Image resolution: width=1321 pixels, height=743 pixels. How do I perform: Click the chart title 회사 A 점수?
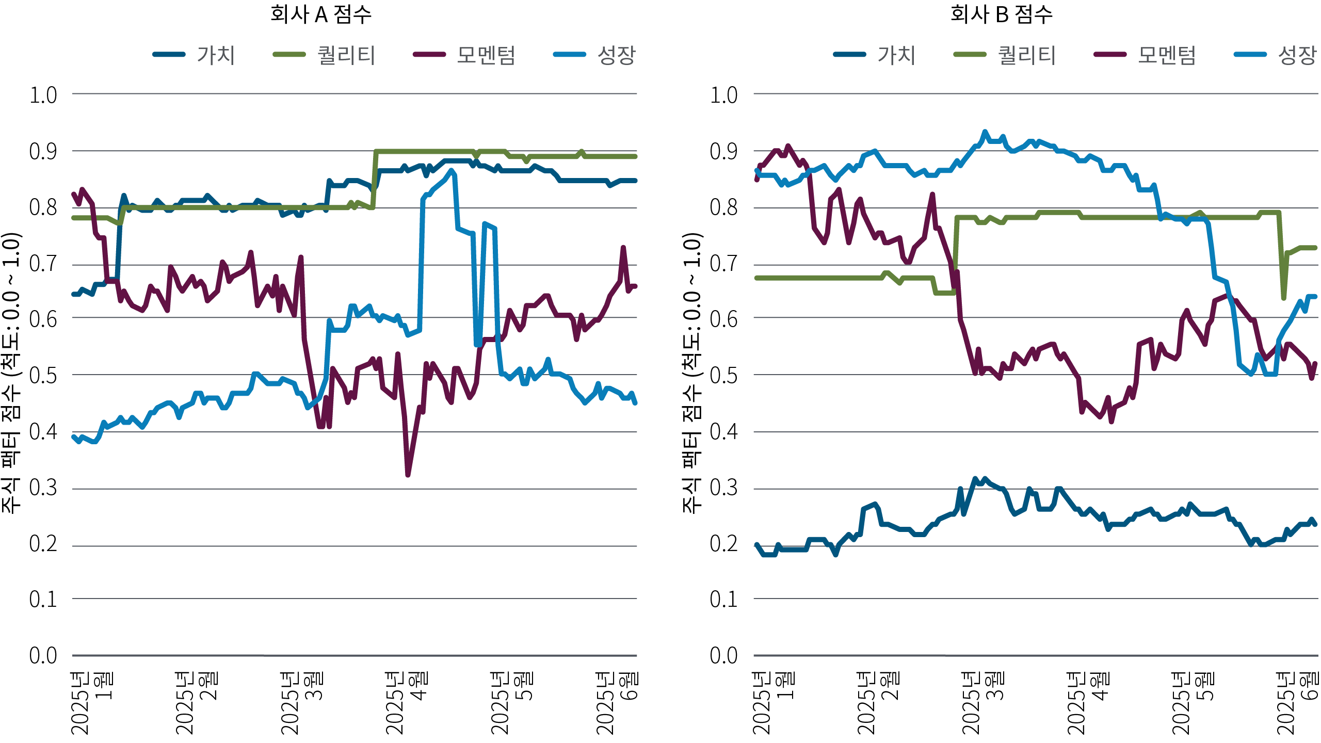320,14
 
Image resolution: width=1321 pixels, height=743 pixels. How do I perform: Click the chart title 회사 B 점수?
1001,14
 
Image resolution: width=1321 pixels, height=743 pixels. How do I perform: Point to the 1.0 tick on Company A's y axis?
43,95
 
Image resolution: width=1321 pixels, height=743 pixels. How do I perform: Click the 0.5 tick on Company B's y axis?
723,376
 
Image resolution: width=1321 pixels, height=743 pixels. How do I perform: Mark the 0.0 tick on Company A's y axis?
43,655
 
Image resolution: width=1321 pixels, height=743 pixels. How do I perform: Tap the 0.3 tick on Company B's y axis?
723,488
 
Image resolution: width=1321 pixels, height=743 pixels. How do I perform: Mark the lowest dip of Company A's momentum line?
408,474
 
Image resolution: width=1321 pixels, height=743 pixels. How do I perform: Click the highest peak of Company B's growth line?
985,132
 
